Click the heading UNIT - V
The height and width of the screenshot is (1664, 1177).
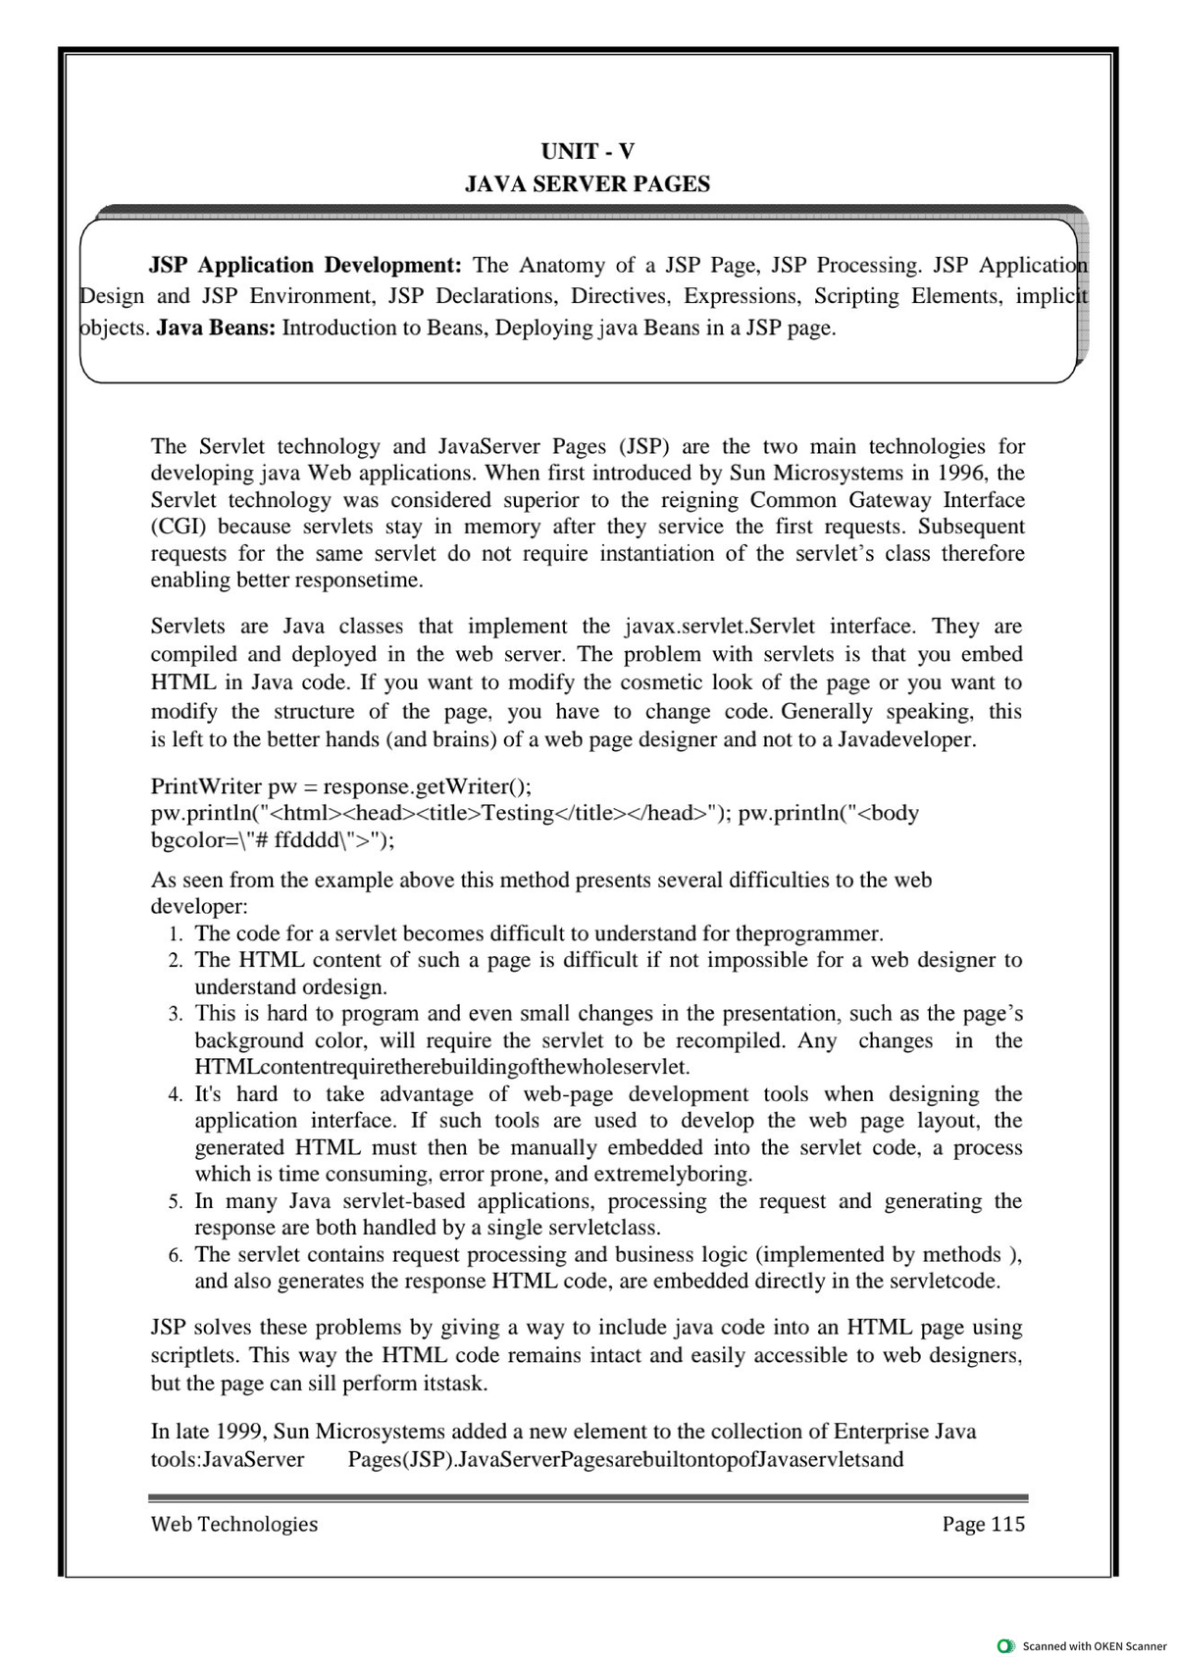tap(588, 151)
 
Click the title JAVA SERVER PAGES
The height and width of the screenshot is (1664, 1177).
tap(588, 184)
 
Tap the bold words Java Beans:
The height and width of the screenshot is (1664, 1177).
tap(216, 328)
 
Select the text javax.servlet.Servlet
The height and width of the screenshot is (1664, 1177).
tap(721, 627)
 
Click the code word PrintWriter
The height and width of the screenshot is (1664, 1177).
tap(206, 786)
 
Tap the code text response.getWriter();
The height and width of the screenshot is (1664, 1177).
tap(428, 786)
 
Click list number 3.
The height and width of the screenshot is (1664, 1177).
tap(175, 1014)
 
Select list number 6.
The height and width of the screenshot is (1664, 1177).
tap(175, 1255)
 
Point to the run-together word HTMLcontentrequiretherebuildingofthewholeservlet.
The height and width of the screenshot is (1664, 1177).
tap(441, 1067)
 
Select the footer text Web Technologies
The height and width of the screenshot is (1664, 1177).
tap(234, 1524)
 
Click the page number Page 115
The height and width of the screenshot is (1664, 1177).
tap(983, 1524)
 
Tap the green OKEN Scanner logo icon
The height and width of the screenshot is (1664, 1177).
tap(1003, 1645)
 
